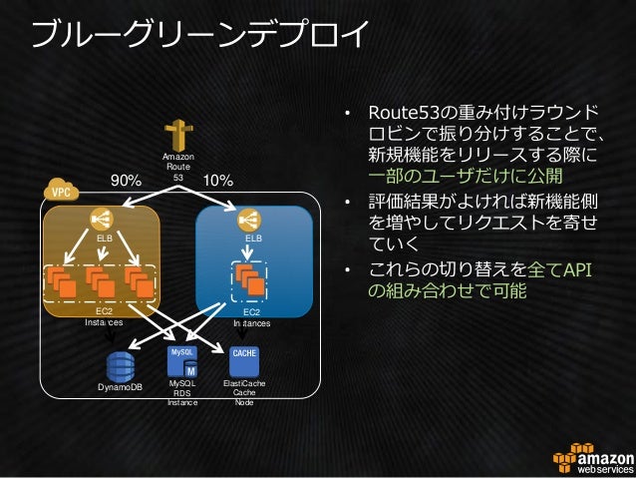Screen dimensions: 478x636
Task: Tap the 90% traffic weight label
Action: click(x=126, y=181)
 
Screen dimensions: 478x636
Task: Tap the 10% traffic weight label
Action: click(x=217, y=181)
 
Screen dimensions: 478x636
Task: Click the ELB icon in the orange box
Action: click(x=104, y=220)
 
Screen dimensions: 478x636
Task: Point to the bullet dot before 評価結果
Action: click(x=348, y=204)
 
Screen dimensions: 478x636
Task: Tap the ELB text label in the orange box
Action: click(x=104, y=239)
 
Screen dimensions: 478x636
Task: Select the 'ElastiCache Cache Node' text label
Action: click(x=244, y=392)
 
